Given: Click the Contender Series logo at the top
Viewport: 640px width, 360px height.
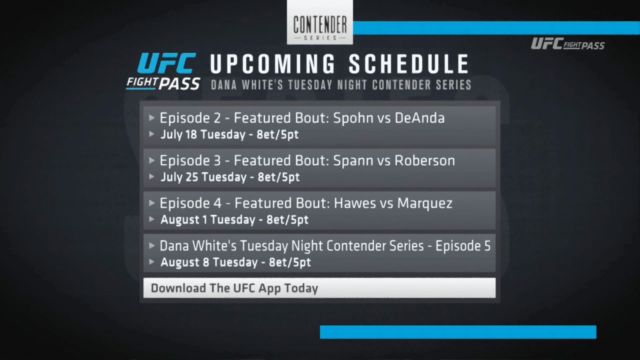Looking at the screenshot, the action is click(319, 22).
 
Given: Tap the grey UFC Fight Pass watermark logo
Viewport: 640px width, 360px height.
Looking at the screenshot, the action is click(567, 44).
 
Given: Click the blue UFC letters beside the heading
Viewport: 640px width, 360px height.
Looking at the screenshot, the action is click(167, 63).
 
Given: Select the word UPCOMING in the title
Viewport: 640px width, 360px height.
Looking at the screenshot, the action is click(272, 64).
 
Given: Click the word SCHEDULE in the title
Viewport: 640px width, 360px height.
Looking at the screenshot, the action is click(409, 64).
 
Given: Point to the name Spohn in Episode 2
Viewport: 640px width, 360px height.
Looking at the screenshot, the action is click(353, 118).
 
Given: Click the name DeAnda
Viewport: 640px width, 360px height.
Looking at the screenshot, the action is click(419, 118).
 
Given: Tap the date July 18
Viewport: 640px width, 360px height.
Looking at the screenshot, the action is click(178, 134).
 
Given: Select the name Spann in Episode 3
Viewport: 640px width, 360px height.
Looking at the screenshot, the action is click(353, 161).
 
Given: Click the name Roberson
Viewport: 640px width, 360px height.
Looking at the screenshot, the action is click(424, 160).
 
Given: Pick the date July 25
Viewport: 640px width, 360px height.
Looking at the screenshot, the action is click(179, 177).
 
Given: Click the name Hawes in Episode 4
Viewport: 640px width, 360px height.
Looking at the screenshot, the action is click(353, 203).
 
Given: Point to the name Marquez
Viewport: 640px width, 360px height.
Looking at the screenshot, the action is click(425, 203).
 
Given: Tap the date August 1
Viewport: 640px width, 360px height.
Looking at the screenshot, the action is click(183, 219).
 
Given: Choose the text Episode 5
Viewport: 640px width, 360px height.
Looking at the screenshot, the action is click(463, 246).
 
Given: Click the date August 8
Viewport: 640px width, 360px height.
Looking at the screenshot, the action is click(185, 262).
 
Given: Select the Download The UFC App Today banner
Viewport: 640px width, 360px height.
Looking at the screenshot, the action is click(319, 288).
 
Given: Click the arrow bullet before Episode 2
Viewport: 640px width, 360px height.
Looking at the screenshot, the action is click(152, 117).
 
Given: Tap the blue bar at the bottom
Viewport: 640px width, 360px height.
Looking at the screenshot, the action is click(458, 332).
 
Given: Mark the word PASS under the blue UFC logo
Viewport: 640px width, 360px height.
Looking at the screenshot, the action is click(179, 84).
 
